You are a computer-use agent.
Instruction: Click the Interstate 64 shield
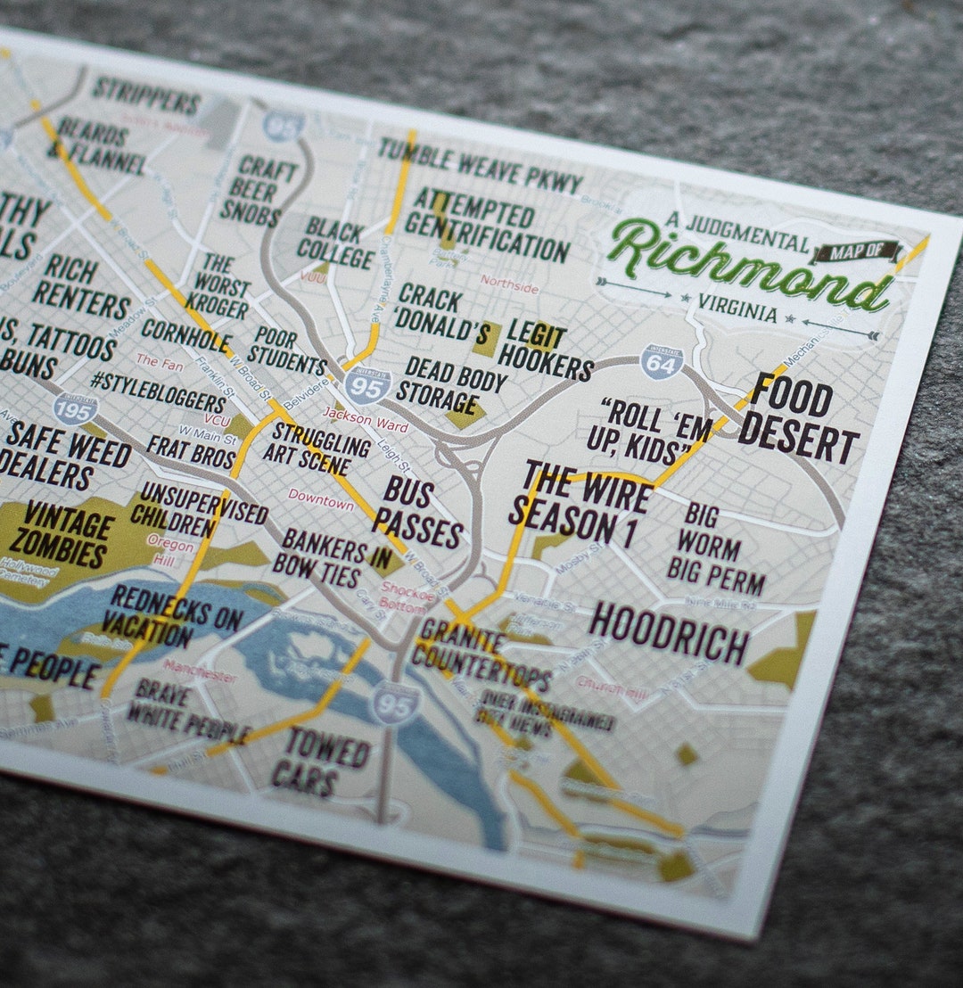[662, 361]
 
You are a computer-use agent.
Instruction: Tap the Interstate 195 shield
[75, 409]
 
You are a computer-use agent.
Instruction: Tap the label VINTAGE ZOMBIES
[67, 535]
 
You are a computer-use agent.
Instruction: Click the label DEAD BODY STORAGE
[449, 383]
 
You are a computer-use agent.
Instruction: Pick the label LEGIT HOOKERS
[544, 350]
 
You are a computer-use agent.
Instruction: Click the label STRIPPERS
[146, 95]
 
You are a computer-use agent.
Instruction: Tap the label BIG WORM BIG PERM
[714, 549]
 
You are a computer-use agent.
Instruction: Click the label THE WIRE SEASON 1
[580, 504]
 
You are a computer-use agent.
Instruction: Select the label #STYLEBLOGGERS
[157, 391]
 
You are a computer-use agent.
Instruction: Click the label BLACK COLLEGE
[336, 243]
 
